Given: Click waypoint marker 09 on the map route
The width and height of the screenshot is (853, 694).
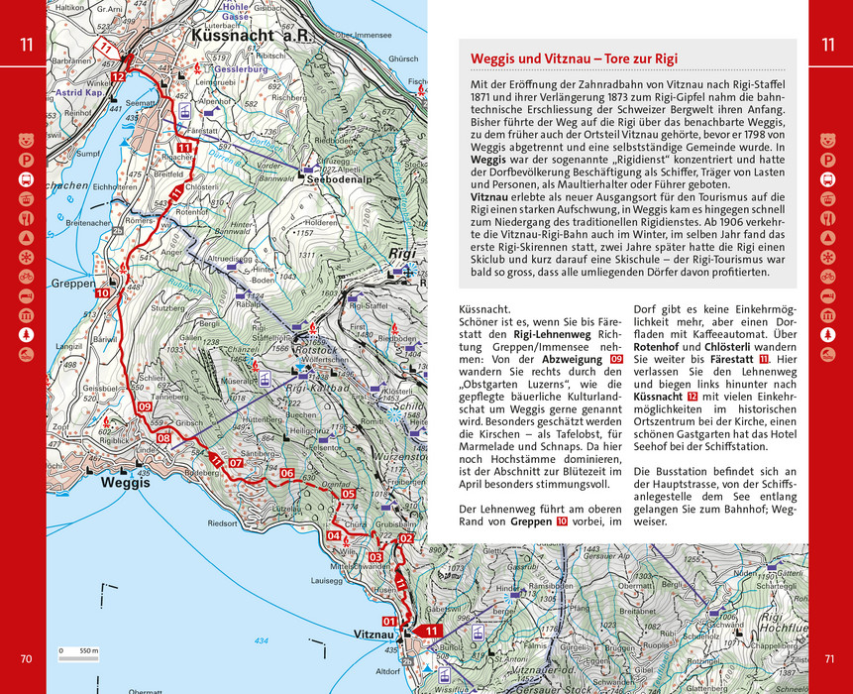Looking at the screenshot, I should (x=145, y=407).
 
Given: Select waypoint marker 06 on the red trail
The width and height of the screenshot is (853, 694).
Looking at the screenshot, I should (x=285, y=473).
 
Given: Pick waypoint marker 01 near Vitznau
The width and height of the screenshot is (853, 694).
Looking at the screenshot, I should (x=388, y=623).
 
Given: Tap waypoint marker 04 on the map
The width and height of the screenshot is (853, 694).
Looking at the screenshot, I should (x=333, y=536).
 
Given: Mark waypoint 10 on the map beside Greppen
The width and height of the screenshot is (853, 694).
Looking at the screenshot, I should (x=102, y=293).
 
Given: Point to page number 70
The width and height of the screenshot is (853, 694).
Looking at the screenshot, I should (x=26, y=659).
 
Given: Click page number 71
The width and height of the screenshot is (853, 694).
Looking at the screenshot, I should (x=830, y=659).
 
